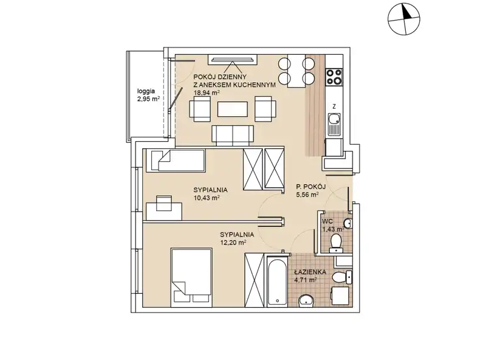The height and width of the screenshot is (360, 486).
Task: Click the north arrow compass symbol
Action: (x=404, y=19)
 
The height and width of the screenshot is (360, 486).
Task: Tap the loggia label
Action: (x=146, y=91)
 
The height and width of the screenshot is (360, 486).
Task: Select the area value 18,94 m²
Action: (x=207, y=92)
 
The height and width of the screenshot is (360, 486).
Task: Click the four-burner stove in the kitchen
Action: (x=334, y=77)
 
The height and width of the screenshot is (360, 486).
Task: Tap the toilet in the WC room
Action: (x=336, y=243)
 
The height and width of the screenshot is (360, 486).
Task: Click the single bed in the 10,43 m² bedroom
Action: (x=176, y=160)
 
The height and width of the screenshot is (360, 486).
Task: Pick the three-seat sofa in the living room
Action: (x=233, y=136)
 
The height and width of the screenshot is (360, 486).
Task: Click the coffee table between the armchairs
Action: (x=233, y=109)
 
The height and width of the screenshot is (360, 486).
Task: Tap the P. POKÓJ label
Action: (x=310, y=187)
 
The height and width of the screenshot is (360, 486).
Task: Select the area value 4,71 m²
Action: (x=306, y=280)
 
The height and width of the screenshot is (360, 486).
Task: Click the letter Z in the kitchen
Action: (x=334, y=106)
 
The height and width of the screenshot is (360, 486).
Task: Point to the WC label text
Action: (x=327, y=221)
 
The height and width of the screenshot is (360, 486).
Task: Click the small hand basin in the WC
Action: (x=347, y=223)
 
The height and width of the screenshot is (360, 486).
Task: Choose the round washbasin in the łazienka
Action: (x=307, y=300)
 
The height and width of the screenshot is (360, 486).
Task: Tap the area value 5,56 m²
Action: (x=307, y=195)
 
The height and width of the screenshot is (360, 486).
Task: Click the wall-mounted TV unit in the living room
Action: (x=233, y=59)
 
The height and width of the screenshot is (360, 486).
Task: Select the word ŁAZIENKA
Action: (x=310, y=272)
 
